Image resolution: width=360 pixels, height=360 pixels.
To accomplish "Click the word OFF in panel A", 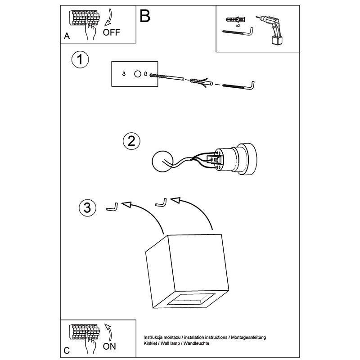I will pyautogui.click(x=112, y=32).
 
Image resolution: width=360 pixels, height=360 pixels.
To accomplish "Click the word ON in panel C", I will pyautogui.click(x=109, y=346).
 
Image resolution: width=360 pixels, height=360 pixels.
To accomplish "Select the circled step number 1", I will pyautogui.click(x=80, y=60).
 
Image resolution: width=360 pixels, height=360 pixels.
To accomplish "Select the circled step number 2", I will pyautogui.click(x=131, y=141).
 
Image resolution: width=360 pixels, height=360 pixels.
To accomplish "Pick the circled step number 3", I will pyautogui.click(x=87, y=207).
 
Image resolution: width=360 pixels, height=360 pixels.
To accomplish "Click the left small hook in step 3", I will pyautogui.click(x=112, y=207).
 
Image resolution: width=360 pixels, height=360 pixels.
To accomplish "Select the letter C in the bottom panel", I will pyautogui.click(x=67, y=350).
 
